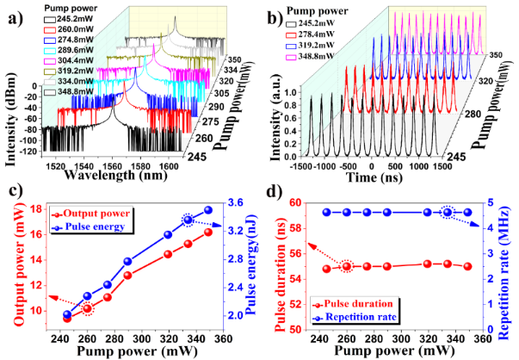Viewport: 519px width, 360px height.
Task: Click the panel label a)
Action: pos(12,16)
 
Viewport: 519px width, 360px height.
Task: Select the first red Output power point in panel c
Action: pos(67,318)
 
